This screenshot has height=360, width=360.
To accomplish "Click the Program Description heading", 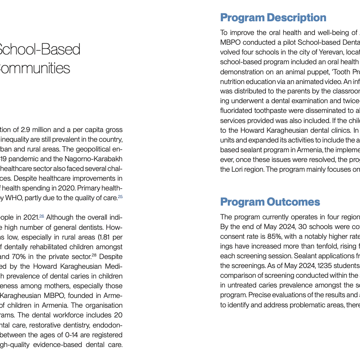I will (273, 18).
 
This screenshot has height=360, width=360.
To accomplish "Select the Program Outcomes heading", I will (270, 202).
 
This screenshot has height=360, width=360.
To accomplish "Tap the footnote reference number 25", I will (120, 197).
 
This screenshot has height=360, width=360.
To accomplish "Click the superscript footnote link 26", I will (41, 216).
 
